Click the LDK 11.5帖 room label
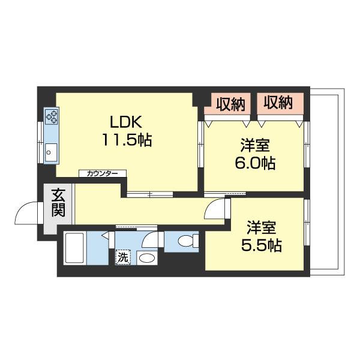(125, 131)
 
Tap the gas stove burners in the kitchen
(51, 116)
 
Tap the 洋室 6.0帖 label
(254, 154)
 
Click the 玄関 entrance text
(58, 203)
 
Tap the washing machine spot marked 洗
(122, 257)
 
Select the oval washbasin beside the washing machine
(146, 259)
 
